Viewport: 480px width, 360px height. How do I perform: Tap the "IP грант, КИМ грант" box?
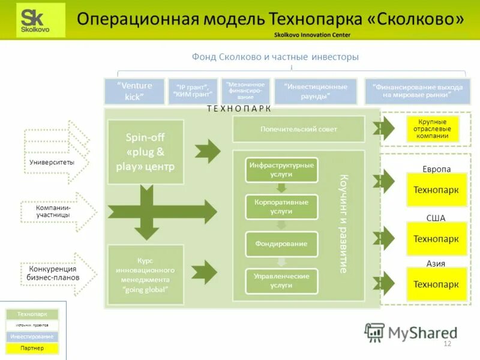point(193,91)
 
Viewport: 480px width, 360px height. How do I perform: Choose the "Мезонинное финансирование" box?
point(245,91)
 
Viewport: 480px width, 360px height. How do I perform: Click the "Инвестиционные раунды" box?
point(316,91)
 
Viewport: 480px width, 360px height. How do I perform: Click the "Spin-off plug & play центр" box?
point(145,152)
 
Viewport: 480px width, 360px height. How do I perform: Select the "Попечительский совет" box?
point(298,129)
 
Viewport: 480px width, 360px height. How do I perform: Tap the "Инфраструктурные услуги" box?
point(281,169)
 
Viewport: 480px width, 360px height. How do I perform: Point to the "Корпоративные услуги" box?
point(281,206)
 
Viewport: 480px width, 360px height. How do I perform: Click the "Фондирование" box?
point(281,244)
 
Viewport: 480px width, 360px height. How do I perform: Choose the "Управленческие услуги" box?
point(281,281)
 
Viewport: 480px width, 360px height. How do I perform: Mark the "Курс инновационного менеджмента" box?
point(145,275)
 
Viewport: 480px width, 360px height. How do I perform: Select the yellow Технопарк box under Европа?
point(436,190)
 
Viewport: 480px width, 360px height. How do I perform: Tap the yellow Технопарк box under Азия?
point(436,284)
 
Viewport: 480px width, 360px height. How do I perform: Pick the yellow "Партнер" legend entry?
point(31,348)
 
